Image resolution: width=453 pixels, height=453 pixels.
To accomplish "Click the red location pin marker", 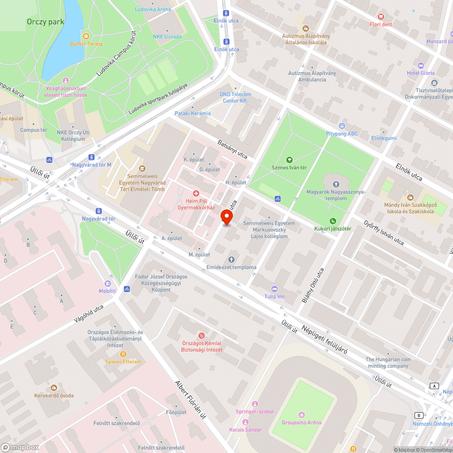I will click(x=226, y=217).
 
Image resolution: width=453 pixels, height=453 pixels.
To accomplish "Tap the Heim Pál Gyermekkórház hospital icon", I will click(x=196, y=193).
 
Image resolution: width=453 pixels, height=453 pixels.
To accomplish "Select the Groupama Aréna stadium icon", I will click(x=302, y=414).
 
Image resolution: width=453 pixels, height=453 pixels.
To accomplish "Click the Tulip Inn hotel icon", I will click(x=274, y=289).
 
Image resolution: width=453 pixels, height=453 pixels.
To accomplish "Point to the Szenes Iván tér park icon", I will click(x=289, y=159).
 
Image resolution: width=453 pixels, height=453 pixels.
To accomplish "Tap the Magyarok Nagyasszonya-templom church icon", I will click(x=336, y=184).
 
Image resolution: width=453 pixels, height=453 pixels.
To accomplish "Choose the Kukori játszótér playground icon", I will click(x=333, y=221).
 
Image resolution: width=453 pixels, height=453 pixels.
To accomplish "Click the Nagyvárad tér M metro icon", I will click(x=92, y=157).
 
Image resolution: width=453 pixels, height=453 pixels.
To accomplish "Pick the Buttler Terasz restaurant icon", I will click(x=86, y=36).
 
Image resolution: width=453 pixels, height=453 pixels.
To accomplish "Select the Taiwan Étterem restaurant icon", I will click(x=123, y=354).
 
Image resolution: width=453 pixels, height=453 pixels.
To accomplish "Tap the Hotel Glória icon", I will click(x=420, y=65).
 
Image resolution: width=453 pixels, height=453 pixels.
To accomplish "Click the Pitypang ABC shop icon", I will click(x=342, y=125).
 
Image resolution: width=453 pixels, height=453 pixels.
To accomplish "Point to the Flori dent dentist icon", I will click(x=381, y=16).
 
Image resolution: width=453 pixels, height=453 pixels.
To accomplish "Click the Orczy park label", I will click(x=45, y=21).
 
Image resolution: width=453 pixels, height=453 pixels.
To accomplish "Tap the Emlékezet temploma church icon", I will click(x=231, y=259).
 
